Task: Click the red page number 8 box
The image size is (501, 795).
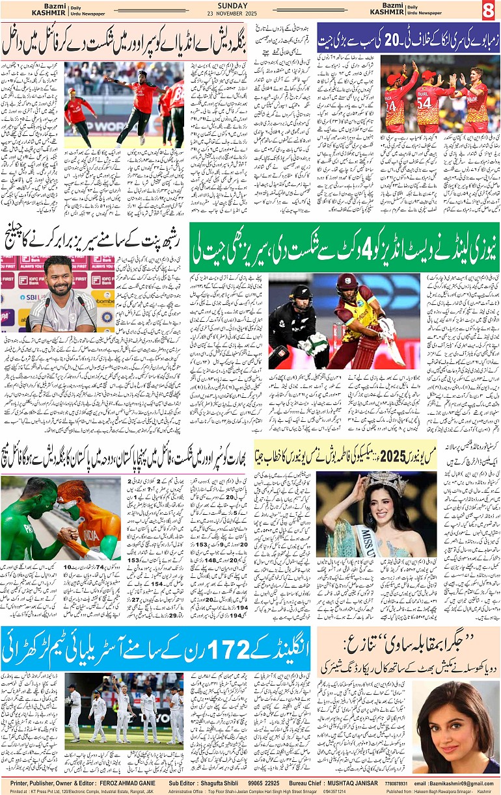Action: point(489,10)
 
